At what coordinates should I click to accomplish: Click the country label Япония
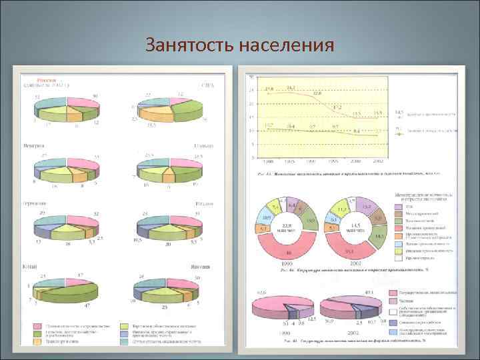click(201, 266)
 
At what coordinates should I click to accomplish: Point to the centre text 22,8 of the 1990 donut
click(286, 225)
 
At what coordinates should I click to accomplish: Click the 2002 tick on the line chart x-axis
click(378, 161)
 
